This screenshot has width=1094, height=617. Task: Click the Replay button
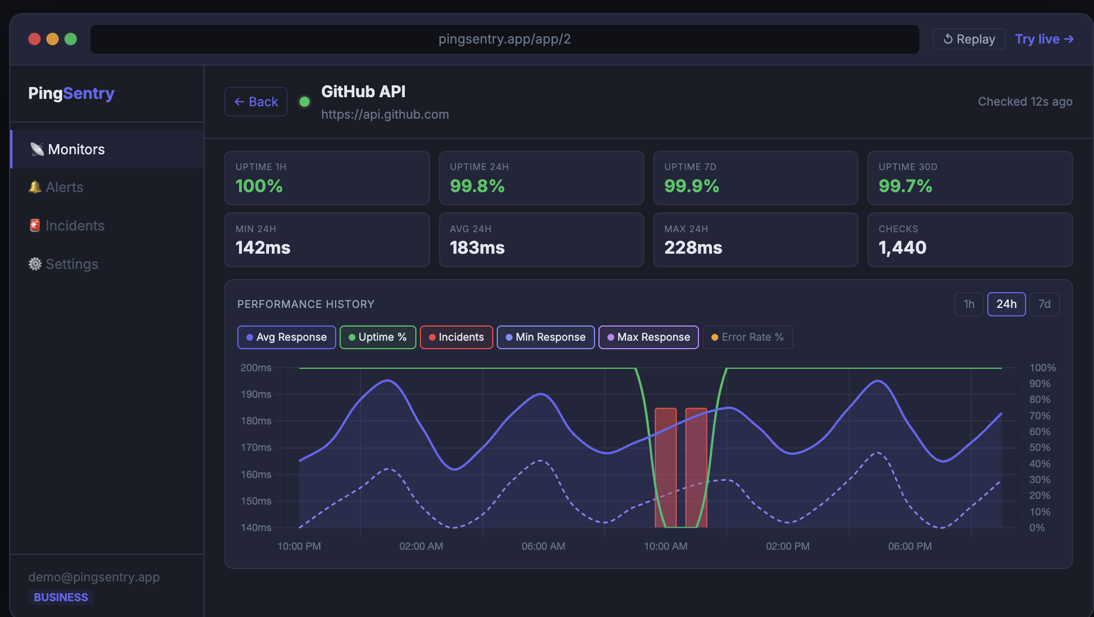(969, 39)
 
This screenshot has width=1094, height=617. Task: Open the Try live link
(1044, 39)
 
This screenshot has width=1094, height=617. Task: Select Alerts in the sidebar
(64, 187)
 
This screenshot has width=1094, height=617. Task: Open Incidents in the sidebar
(75, 225)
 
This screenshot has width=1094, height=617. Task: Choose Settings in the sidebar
(72, 264)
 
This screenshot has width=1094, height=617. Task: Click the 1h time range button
(969, 304)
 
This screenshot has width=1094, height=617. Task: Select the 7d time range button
(1044, 304)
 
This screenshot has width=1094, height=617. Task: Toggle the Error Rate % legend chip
(747, 337)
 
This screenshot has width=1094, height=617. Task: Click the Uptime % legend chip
(377, 337)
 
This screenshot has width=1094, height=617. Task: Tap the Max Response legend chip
(648, 337)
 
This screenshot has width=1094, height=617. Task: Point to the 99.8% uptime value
(477, 186)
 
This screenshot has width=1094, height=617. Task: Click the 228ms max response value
(693, 247)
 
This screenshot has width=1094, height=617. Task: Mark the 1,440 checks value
(902, 247)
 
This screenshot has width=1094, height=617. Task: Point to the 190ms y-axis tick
(256, 394)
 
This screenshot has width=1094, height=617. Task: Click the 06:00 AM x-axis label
(543, 546)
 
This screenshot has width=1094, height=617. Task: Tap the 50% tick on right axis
(1039, 447)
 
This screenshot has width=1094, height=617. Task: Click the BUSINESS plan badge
(60, 597)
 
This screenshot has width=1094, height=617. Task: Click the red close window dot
(34, 39)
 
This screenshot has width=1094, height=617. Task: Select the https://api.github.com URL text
(385, 114)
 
